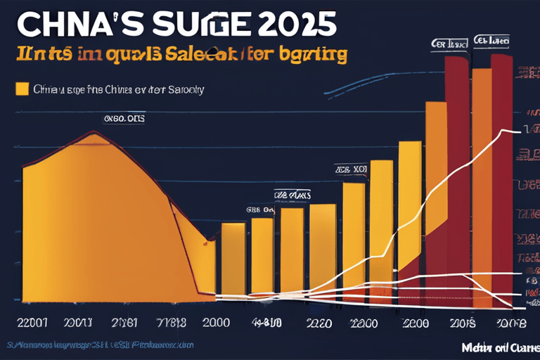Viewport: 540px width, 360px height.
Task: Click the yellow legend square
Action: [x=22, y=89]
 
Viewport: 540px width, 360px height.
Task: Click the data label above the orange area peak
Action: [x=124, y=119]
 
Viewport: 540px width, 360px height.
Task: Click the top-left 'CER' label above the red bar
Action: [x=450, y=44]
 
